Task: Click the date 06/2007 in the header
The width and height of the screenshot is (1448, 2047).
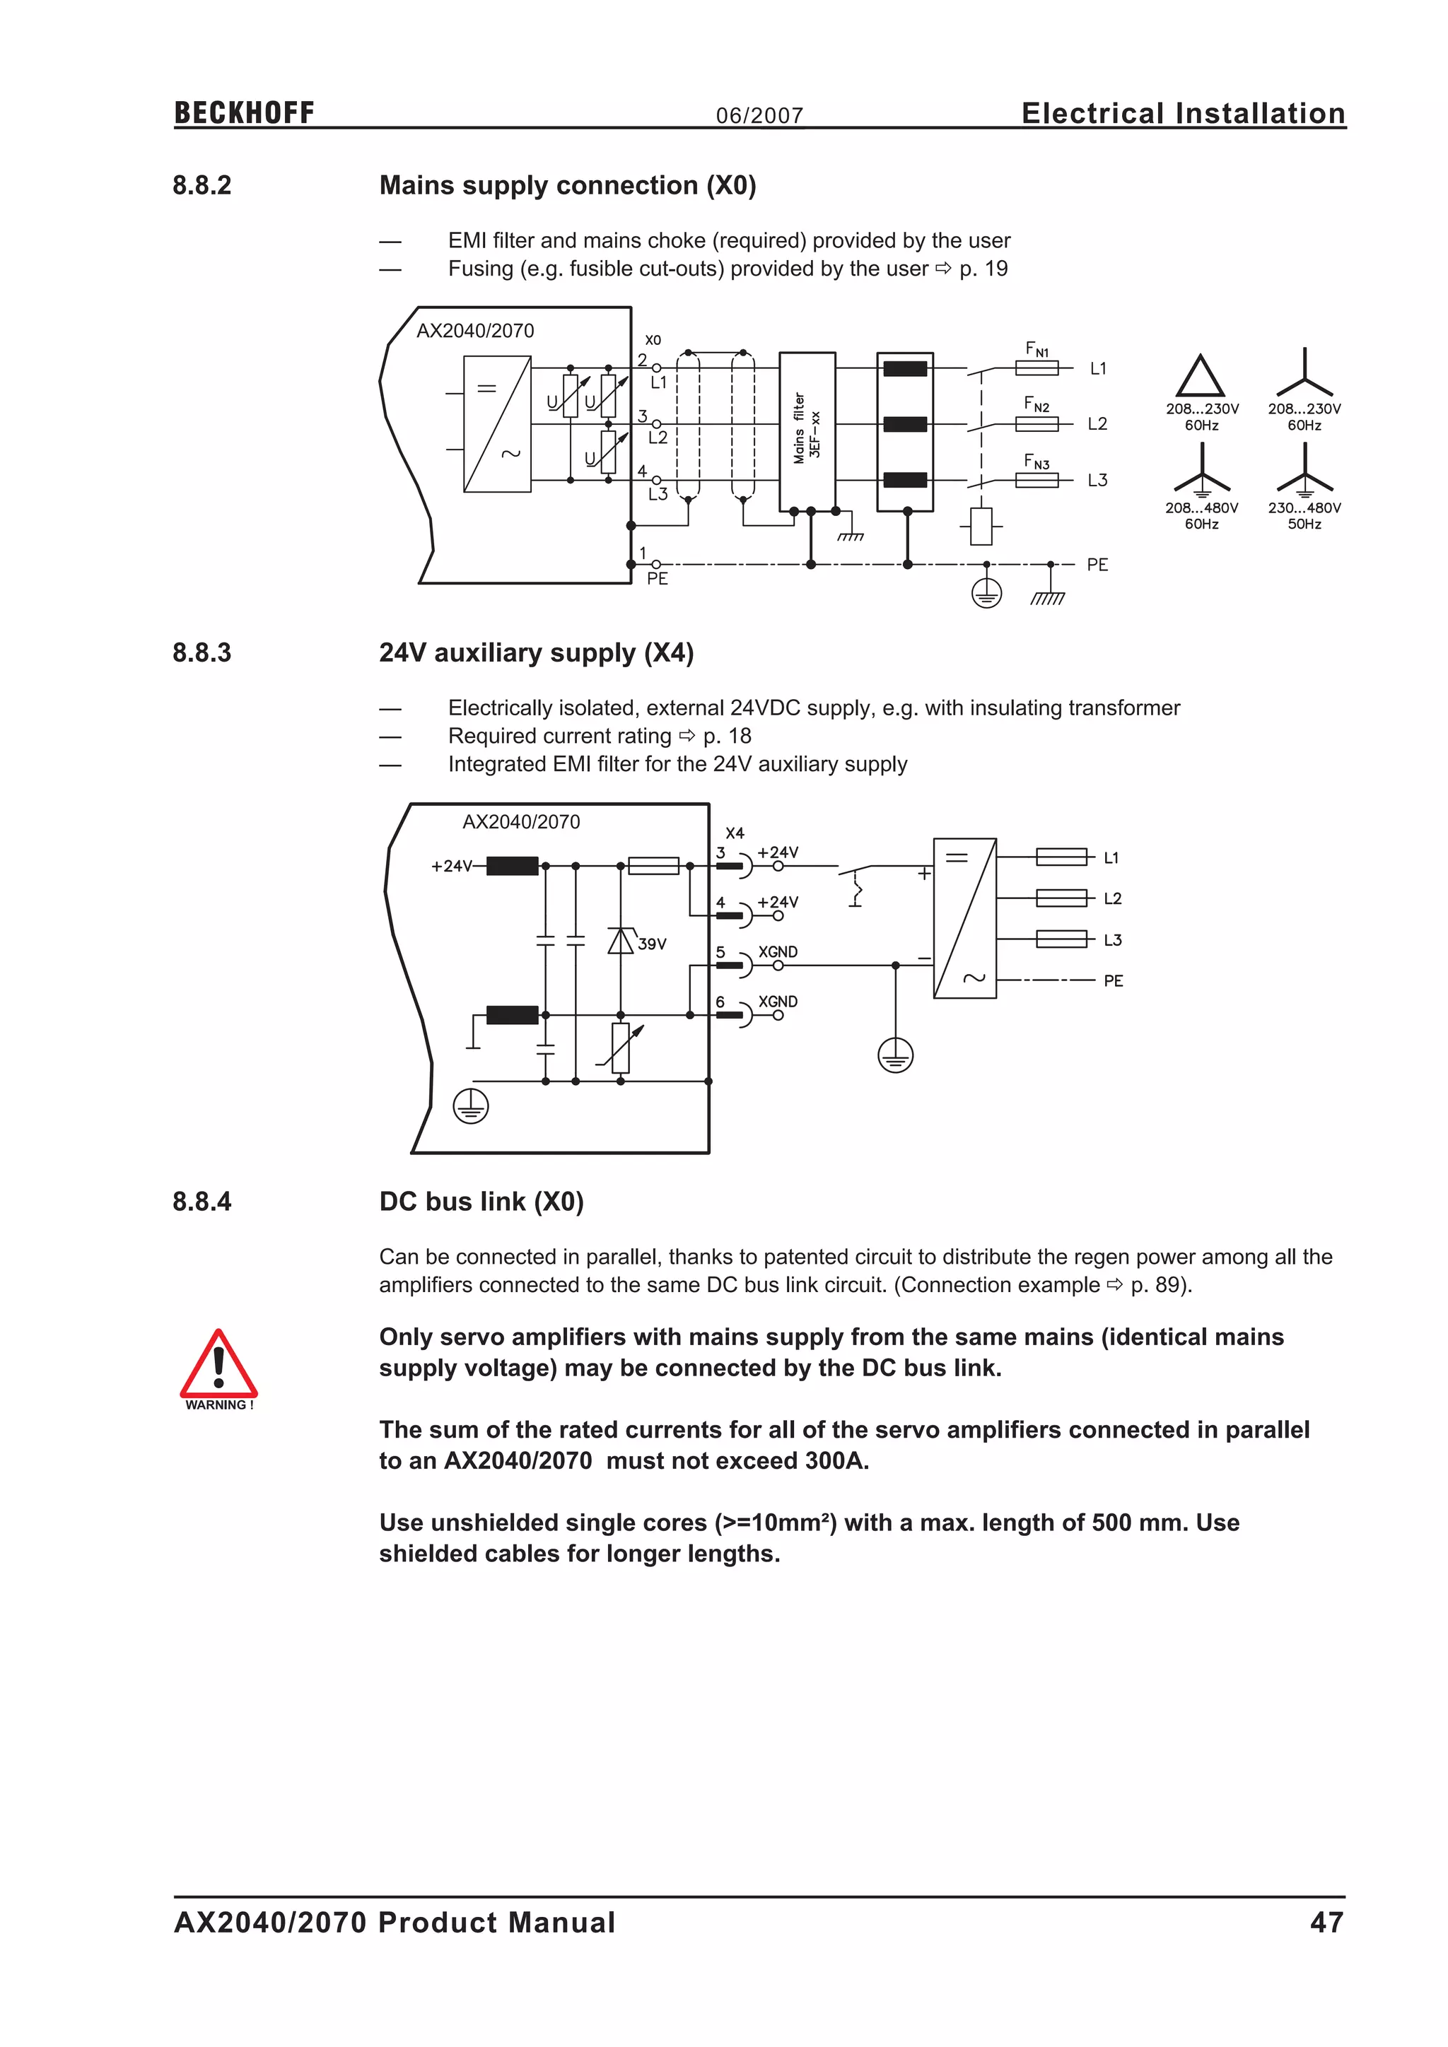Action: click(759, 116)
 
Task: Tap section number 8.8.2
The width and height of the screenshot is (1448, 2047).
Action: click(202, 185)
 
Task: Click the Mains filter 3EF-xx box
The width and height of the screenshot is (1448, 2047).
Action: click(807, 431)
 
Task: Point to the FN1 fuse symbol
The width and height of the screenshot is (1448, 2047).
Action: click(1037, 368)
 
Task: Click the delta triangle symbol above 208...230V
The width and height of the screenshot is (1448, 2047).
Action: click(1199, 377)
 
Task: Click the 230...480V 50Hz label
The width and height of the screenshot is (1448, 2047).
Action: click(1304, 515)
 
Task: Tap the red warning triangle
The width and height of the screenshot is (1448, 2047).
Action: click(218, 1365)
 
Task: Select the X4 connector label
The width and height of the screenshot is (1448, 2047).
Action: click(735, 833)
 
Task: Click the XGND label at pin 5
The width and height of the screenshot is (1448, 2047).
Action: click(778, 952)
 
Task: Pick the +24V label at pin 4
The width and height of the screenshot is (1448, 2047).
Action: click(778, 902)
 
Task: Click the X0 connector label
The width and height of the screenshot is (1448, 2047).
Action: click(653, 341)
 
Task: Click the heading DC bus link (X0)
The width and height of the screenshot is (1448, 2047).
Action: click(481, 1202)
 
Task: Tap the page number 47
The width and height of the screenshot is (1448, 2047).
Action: click(1326, 1922)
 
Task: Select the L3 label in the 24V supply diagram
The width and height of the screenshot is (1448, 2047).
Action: click(1112, 939)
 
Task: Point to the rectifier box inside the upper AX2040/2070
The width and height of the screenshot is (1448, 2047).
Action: click(496, 423)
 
